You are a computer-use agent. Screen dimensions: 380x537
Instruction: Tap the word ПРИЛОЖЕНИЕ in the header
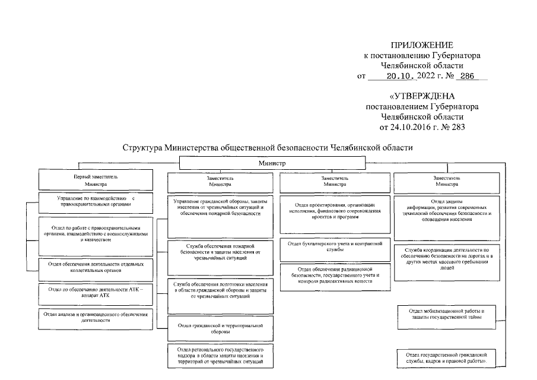(x=422, y=45)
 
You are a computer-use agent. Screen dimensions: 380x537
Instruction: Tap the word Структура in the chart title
(x=142, y=147)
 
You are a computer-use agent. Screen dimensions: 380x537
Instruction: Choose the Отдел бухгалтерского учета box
(x=335, y=246)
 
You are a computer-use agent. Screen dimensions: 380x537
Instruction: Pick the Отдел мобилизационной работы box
(x=447, y=314)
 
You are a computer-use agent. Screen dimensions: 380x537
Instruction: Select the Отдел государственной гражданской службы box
(x=447, y=358)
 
